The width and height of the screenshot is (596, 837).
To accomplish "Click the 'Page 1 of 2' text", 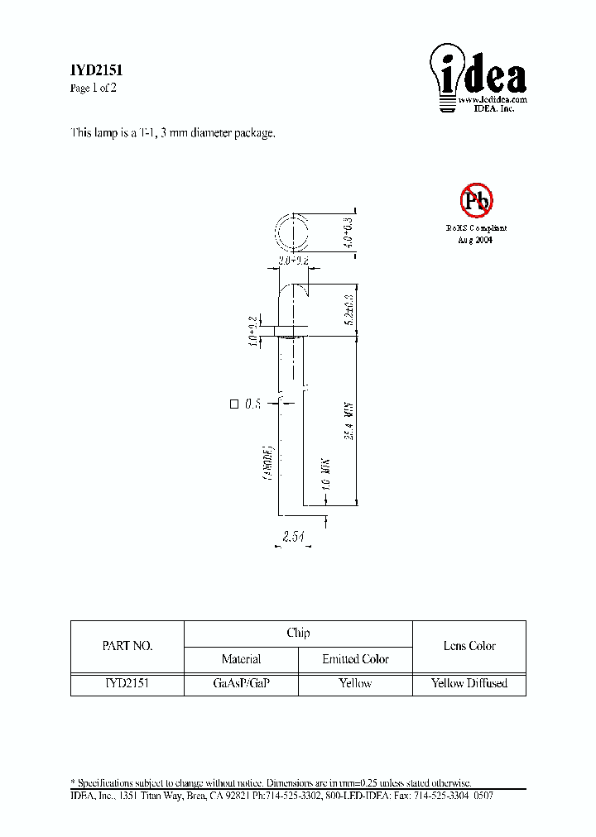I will pyautogui.click(x=94, y=88).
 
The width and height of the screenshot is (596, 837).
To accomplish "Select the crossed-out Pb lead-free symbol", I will pyautogui.click(x=476, y=199).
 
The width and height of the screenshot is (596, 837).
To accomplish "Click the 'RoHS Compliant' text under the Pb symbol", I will pyautogui.click(x=476, y=227).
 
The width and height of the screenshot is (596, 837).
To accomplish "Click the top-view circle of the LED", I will pyautogui.click(x=291, y=232).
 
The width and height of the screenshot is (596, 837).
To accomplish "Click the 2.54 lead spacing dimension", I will pyautogui.click(x=293, y=537).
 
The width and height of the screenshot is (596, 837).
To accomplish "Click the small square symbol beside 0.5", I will pyautogui.click(x=233, y=404).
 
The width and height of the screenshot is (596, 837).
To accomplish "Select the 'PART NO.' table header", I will pyautogui.click(x=127, y=646).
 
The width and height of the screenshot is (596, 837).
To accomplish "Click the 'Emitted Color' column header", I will pyautogui.click(x=355, y=659).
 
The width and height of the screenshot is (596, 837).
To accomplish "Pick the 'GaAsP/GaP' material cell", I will pyautogui.click(x=241, y=683).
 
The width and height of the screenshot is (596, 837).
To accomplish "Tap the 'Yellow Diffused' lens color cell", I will pyautogui.click(x=469, y=683).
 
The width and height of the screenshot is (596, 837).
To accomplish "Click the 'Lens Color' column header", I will pyautogui.click(x=469, y=646).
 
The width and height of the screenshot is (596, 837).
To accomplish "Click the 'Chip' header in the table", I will pyautogui.click(x=298, y=633).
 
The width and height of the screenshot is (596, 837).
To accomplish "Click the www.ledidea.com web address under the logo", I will pyautogui.click(x=493, y=99).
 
